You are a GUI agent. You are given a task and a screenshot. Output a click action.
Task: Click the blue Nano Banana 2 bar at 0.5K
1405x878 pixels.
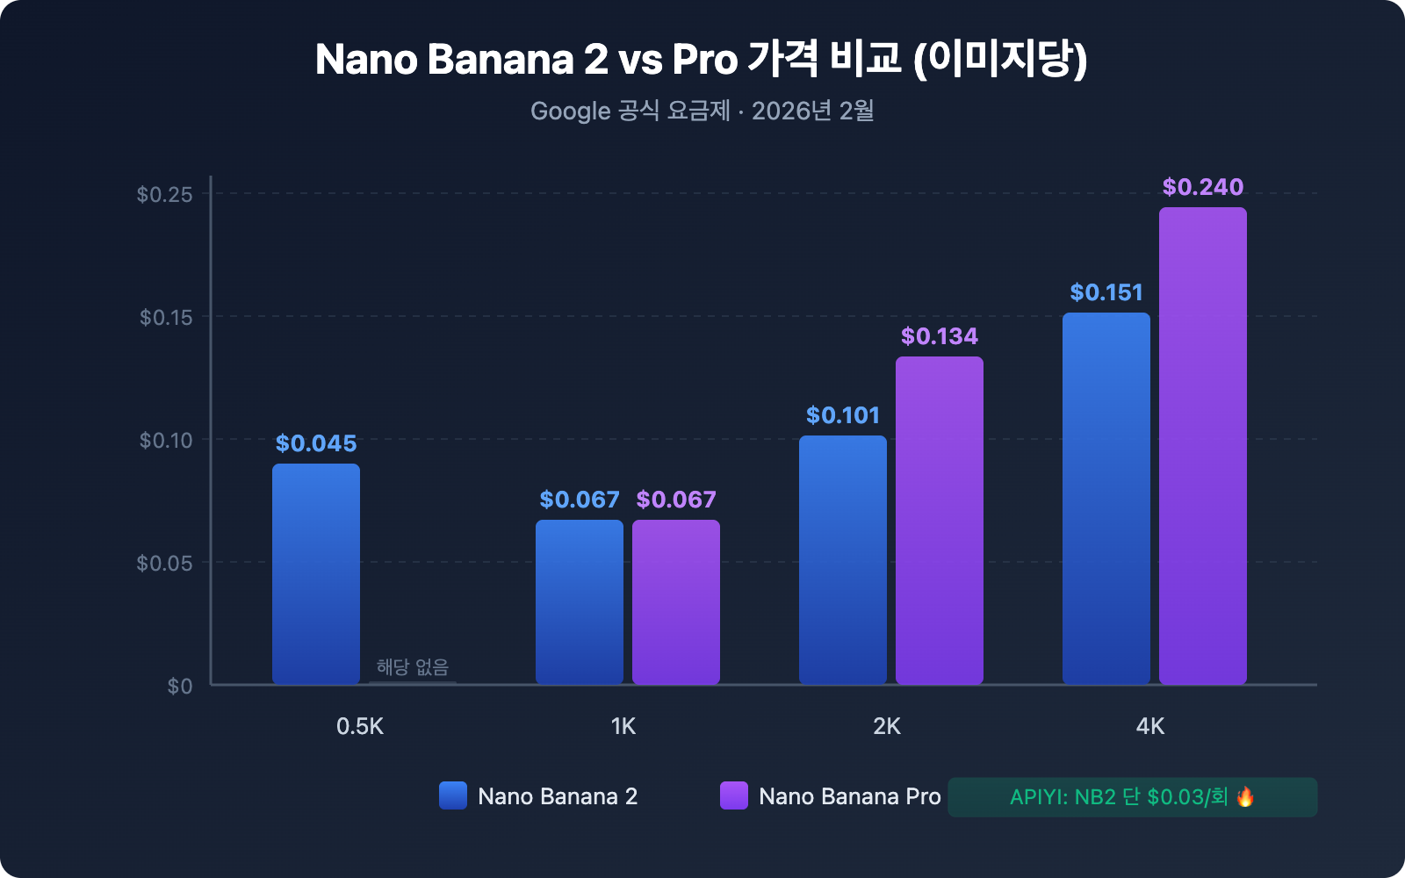[x=316, y=574]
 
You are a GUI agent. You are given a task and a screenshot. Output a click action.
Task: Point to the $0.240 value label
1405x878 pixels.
[x=1203, y=187]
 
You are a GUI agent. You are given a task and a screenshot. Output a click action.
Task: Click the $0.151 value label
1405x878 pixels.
[x=1106, y=292]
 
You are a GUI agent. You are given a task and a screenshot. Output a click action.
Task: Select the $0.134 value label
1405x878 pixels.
[x=940, y=336]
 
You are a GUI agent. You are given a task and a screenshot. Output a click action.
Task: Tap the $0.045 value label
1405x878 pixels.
[x=316, y=443]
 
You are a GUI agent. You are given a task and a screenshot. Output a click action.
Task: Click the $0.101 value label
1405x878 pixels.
[x=843, y=415]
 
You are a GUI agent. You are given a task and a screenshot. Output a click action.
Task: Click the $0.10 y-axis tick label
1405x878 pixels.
[x=166, y=440]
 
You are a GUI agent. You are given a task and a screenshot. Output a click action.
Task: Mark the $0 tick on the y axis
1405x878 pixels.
[x=180, y=686]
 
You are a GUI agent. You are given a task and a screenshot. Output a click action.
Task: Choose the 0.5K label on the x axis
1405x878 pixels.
[x=360, y=726]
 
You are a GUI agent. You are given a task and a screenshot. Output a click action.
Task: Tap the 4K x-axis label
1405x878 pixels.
[x=1150, y=726]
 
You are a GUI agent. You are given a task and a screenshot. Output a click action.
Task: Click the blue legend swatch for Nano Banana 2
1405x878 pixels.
[x=453, y=795]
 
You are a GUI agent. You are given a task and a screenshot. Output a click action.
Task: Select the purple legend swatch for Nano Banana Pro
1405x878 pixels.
[x=734, y=795]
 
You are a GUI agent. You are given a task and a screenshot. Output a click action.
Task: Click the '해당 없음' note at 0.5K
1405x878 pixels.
[x=413, y=667]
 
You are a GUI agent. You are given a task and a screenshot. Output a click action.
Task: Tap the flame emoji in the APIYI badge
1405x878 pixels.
[x=1245, y=797]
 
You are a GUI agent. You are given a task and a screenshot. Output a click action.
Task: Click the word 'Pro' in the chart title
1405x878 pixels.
[x=705, y=60]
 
